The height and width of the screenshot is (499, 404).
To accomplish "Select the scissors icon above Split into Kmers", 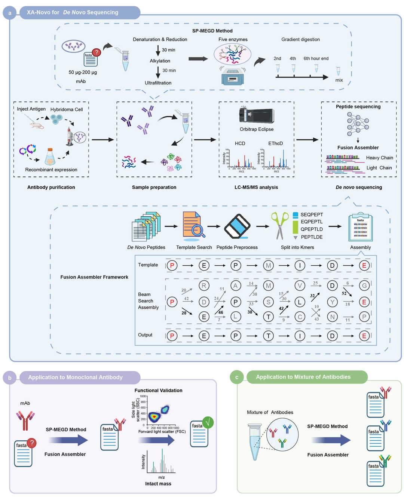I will [279, 225].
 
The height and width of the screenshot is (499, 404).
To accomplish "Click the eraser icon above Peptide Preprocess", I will [237, 226].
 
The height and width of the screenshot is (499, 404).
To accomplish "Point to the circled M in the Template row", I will [268, 265].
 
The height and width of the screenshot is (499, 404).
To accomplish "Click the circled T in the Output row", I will [268, 336].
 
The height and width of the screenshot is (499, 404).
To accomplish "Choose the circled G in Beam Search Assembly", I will [364, 286].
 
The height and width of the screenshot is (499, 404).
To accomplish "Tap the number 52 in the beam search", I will [344, 293].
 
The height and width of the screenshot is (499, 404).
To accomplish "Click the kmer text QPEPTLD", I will [312, 229].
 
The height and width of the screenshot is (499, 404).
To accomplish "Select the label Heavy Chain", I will [379, 158].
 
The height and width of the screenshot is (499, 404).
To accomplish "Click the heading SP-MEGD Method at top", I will [212, 31].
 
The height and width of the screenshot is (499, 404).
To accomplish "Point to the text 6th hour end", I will [316, 59].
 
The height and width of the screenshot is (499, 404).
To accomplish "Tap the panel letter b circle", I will [10, 378].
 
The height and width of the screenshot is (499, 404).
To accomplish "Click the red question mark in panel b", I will [32, 443].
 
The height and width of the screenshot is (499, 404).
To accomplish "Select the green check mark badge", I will [208, 423].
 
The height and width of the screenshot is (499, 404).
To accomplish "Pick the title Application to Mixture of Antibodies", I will [303, 377].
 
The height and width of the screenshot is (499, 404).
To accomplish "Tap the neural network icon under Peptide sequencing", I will [358, 124].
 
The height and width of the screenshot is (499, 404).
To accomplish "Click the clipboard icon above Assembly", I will [360, 228].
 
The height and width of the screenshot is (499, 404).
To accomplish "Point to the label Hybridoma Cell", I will [67, 110].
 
